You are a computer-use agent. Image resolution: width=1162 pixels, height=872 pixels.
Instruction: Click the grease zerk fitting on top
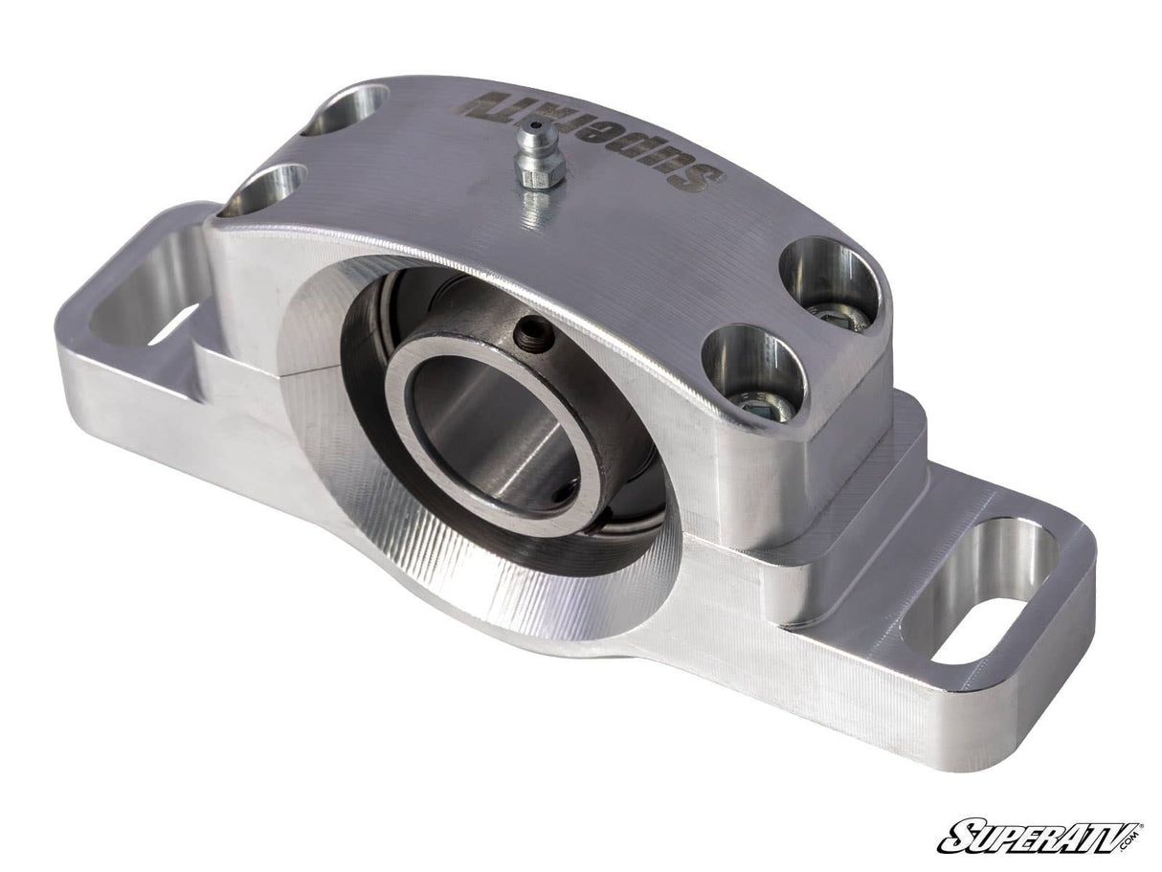coord(537,157)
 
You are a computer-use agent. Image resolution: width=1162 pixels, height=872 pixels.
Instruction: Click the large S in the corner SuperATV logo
coord(957,838)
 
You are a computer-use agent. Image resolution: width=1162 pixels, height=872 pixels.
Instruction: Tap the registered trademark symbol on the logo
coord(1141,824)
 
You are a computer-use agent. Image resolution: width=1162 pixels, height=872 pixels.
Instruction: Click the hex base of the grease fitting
coord(537,177)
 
